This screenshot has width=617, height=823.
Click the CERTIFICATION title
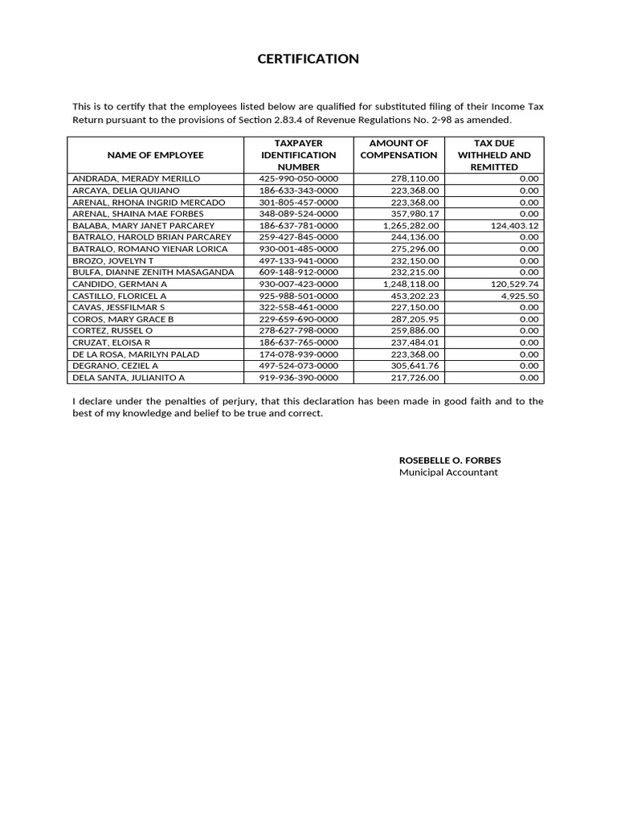308,59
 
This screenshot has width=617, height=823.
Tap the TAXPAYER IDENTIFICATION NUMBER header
298,154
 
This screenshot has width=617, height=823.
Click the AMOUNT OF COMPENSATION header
398,149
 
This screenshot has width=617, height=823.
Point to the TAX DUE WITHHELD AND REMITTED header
493,154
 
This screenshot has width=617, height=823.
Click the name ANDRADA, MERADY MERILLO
137,178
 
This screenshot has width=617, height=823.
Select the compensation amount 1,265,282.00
411,226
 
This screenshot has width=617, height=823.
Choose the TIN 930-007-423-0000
298,285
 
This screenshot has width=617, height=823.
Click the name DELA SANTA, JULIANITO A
129,378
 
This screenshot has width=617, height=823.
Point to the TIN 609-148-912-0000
298,272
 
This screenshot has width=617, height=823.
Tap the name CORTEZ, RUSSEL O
112,331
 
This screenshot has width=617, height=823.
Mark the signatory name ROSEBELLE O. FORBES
450,461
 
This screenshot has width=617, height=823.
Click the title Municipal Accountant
448,473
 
